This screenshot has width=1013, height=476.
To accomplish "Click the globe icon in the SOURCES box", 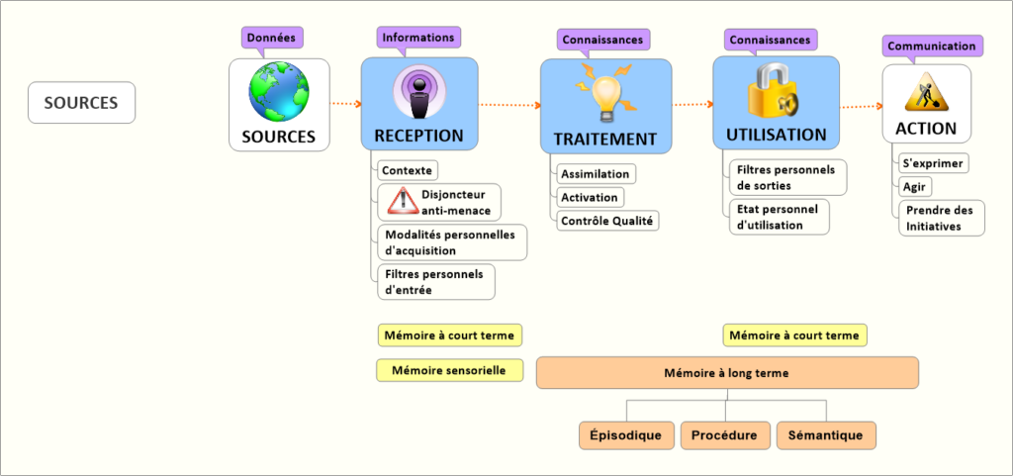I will tap(278, 92).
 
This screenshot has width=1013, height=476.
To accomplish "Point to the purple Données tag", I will tap(271, 38).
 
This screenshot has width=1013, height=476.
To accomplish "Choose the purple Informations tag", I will tap(417, 38).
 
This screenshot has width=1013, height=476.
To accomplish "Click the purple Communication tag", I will tap(931, 46).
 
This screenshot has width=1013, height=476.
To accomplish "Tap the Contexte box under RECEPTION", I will tap(407, 170).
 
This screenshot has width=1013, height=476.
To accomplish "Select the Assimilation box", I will tap(595, 174).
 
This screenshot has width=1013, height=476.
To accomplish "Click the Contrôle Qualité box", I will tap(606, 221).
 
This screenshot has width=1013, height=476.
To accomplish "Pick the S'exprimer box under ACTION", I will tap(933, 163).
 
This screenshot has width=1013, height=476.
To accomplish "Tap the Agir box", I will tap(915, 186).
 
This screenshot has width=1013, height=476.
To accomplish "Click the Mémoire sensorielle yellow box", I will tap(449, 370).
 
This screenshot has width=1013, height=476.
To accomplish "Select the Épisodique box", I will tap(625, 434).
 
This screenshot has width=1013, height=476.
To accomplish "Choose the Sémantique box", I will tap(825, 434).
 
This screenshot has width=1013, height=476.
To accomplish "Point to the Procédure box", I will tap(724, 434).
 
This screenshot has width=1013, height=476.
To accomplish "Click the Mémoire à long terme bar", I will tap(727, 373).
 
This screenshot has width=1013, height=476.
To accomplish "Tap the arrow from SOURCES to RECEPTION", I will tap(343, 103).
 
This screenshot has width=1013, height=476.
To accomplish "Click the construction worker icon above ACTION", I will tap(926, 92).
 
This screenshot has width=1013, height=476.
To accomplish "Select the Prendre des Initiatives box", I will tap(940, 219).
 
